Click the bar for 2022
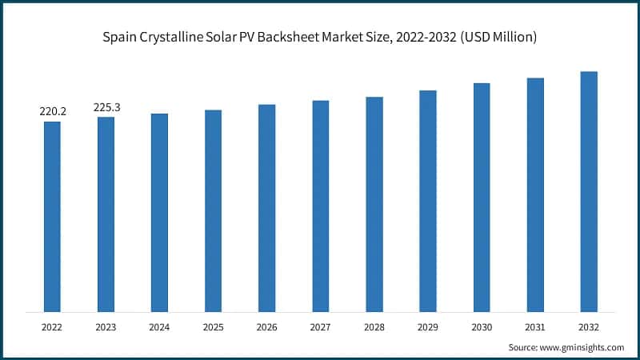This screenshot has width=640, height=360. tap(52, 216)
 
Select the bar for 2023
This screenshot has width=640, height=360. tap(106, 214)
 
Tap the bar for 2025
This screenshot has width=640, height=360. tap(213, 210)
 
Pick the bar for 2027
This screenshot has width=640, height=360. tap(320, 206)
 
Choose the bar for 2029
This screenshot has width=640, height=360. tap(428, 201)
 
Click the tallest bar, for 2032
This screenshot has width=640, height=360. tap(589, 191)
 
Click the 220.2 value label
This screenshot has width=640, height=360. tap(53, 111)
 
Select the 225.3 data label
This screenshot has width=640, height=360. tap(106, 106)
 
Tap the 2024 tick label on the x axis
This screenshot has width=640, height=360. tap(159, 327)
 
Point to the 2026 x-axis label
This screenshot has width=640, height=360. tap(266, 327)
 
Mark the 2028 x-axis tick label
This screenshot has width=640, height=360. tap(374, 327)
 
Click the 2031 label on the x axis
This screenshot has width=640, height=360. tap(535, 327)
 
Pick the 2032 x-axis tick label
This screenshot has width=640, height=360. tap(589, 327)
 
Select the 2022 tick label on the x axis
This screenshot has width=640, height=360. tap(52, 327)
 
